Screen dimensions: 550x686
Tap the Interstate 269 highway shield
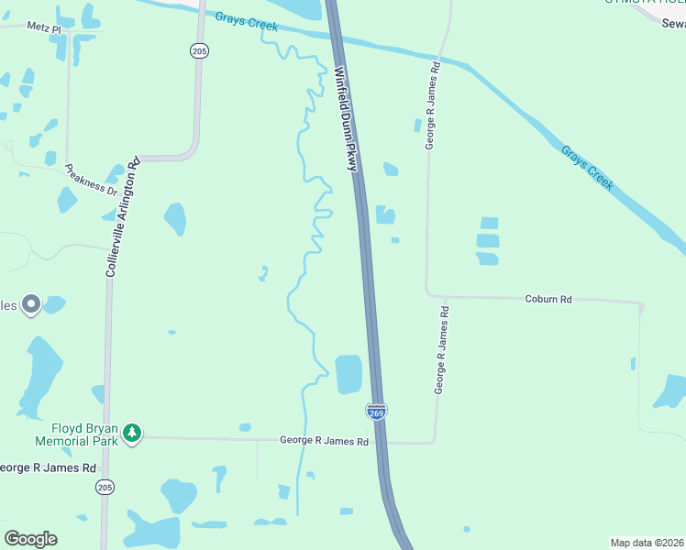[377, 412]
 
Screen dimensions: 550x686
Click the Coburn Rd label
[548, 299]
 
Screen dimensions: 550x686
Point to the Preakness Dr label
[91, 180]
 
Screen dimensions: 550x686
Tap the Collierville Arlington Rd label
[121, 215]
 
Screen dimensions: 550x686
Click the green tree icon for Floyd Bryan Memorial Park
[133, 432]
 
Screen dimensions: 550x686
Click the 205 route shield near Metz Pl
[200, 51]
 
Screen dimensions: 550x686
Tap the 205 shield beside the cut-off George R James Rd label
[105, 487]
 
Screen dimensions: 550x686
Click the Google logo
[31, 539]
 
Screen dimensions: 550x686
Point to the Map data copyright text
[647, 543]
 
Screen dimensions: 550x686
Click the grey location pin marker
[31, 303]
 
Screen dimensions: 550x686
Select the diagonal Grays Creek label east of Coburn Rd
[586, 169]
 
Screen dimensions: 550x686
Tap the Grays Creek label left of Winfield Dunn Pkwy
[247, 20]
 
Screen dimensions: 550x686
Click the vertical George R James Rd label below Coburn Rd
[441, 351]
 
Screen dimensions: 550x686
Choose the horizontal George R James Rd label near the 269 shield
[324, 442]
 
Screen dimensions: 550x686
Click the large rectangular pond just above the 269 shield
[349, 374]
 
